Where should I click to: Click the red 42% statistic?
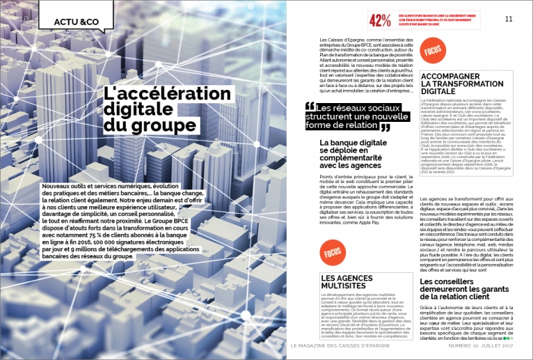click(379, 21)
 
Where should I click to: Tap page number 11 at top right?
click(508, 18)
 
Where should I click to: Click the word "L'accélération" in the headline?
click(167, 93)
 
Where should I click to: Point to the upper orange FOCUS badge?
click(431, 51)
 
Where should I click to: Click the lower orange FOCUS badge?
click(332, 252)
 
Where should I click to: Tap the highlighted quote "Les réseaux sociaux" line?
click(357, 107)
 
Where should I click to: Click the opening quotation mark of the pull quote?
click(310, 107)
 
